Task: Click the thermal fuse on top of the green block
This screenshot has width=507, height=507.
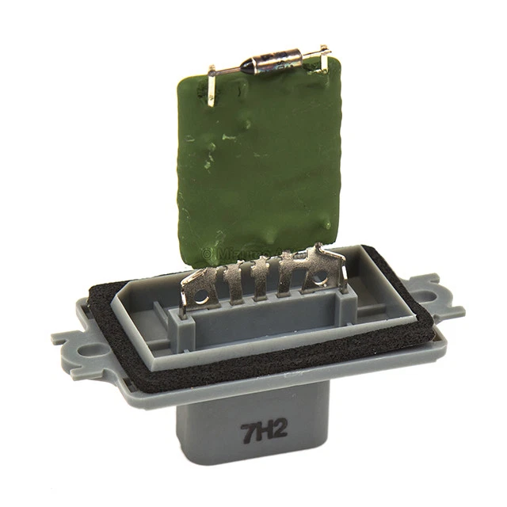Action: [x=273, y=63]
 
